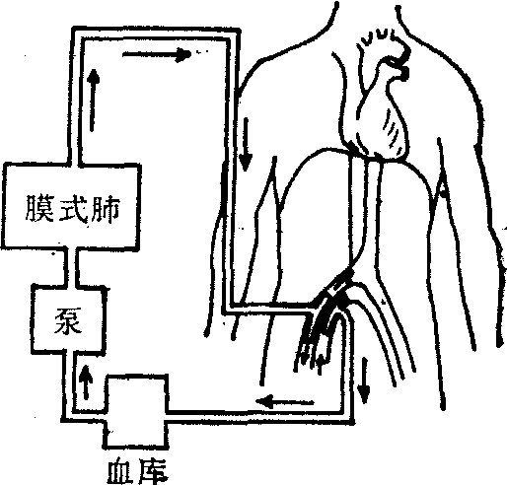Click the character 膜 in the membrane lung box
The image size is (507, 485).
tap(39, 209)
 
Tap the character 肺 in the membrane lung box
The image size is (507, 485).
tap(105, 209)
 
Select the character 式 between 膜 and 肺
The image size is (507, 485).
tap(73, 209)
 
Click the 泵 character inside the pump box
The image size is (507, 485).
tap(68, 320)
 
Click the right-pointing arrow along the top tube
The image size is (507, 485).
tap(157, 54)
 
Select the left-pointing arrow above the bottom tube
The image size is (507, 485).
tap(284, 401)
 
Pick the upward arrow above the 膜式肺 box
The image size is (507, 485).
tap(94, 101)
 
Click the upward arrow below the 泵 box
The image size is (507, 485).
tap(86, 381)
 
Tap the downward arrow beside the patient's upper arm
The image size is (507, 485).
tap(245, 145)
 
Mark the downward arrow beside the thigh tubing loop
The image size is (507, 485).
tap(364, 381)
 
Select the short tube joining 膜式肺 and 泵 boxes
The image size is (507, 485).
tap(72, 266)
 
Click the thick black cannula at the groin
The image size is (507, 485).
tap(332, 306)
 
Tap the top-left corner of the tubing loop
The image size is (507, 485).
tap(77, 33)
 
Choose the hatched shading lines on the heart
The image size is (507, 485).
tap(392, 131)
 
